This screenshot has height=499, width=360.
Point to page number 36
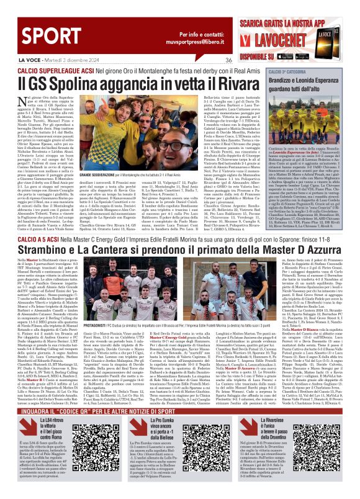click(228, 59)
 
